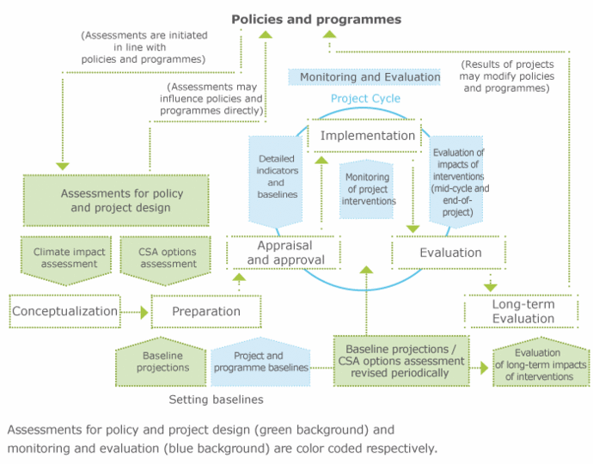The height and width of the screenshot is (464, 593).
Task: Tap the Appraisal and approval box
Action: point(284,251)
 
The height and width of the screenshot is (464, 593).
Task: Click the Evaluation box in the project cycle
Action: point(450,253)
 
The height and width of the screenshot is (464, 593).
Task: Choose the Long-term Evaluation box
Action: point(523,311)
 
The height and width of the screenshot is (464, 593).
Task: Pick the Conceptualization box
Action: point(64,311)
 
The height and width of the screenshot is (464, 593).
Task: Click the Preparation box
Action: point(205,311)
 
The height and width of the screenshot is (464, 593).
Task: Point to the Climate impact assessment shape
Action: point(65,258)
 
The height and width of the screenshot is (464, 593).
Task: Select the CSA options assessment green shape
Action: point(167,258)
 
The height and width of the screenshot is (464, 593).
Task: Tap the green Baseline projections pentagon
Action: point(163,361)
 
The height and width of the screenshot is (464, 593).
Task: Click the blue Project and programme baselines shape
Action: point(259,361)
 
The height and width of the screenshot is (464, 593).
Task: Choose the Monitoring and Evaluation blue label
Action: point(364,76)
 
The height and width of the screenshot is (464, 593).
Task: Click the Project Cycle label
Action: point(365,99)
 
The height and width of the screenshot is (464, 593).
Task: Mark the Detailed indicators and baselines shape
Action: point(276,176)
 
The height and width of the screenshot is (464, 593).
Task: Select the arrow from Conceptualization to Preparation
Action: point(136,313)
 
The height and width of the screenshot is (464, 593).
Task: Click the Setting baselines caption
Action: point(215,400)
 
